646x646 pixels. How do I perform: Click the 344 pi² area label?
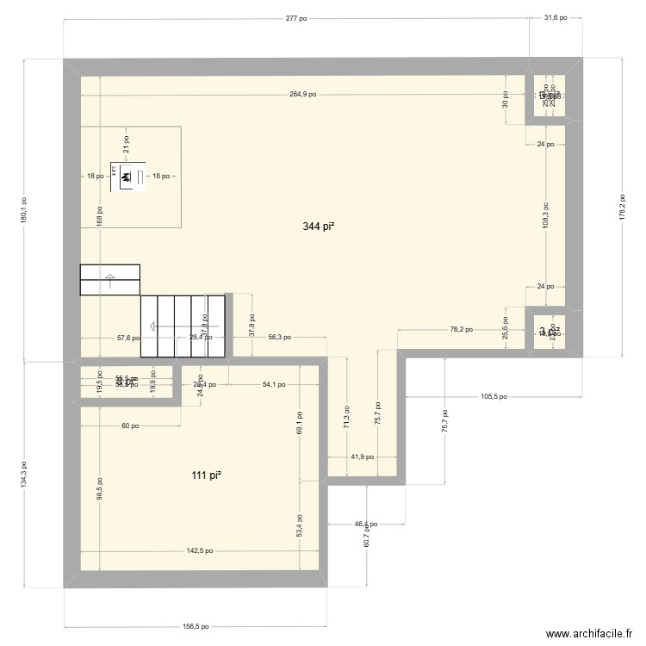[x=318, y=227]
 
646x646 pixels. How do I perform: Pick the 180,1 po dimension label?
[x=25, y=210]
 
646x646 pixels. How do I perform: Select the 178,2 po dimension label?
[x=621, y=207]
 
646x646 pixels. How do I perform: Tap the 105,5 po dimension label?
[x=494, y=397]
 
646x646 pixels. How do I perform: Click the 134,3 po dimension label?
[x=25, y=474]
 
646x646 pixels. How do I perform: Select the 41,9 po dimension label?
[x=362, y=457]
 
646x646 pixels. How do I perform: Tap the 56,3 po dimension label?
[x=279, y=338]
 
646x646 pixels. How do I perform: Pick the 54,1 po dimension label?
[x=275, y=384]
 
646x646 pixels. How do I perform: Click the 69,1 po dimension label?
[x=298, y=423]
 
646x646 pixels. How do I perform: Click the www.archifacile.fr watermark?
[x=588, y=633]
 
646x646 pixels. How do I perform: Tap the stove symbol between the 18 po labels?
[x=126, y=177]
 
